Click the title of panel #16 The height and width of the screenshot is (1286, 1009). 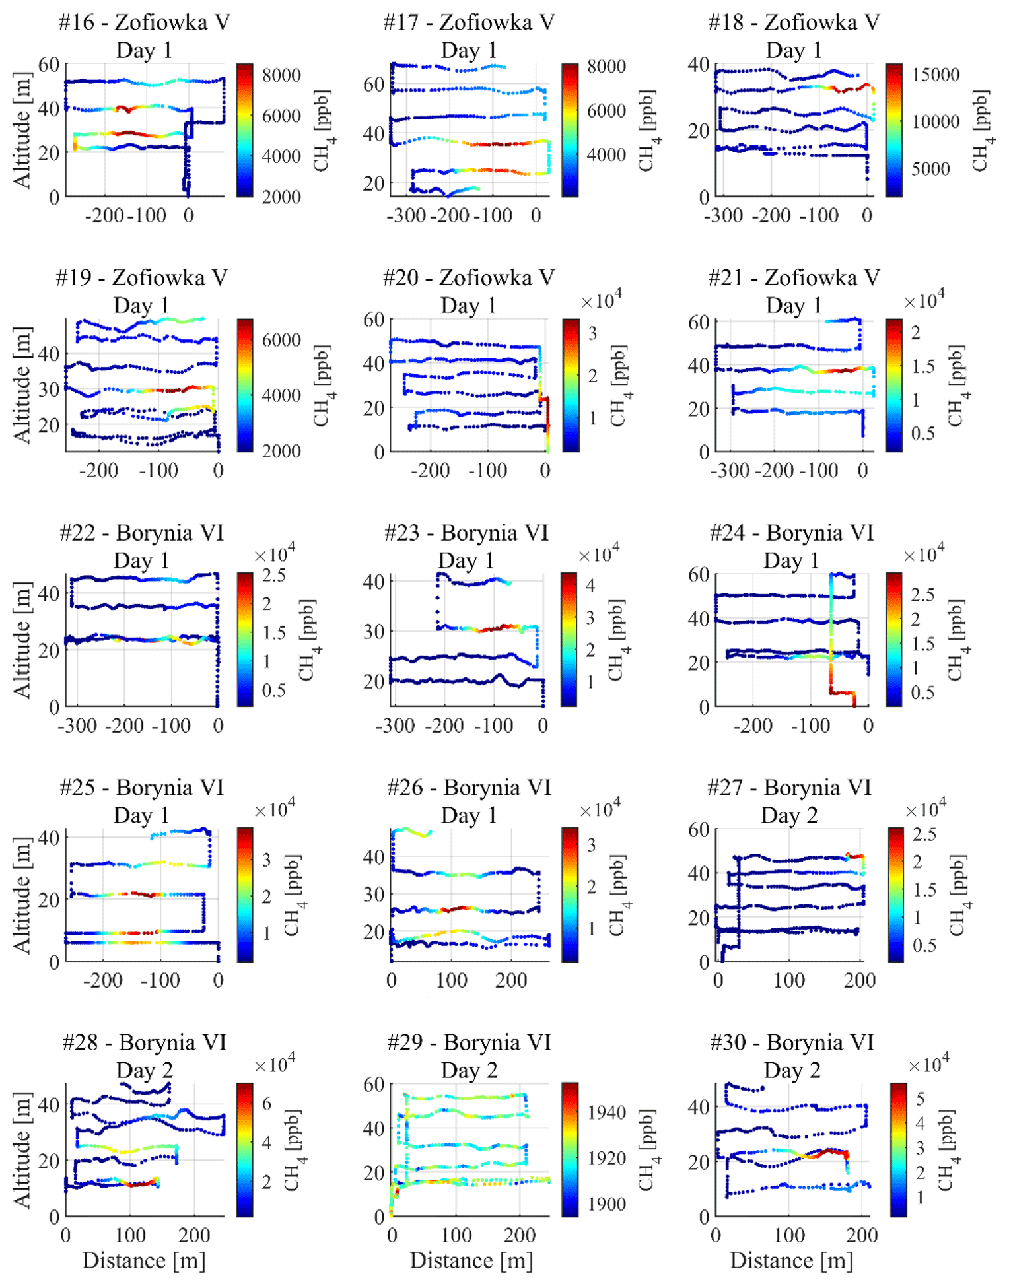coord(144,22)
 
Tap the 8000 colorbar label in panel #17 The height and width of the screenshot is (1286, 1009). coord(606,67)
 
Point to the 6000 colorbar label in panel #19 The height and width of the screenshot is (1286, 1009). coord(281,339)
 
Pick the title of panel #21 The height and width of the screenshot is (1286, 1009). coord(794,278)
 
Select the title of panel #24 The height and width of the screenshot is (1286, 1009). coord(791,533)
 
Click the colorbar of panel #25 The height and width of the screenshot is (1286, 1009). coord(245,894)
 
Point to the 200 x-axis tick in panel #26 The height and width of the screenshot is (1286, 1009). coord(511,980)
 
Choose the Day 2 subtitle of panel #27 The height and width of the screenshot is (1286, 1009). coord(789,815)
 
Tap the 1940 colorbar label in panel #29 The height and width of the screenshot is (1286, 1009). coord(606,1112)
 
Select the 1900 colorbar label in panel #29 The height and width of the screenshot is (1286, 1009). coord(606,1204)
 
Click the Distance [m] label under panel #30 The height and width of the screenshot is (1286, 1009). coord(791,1260)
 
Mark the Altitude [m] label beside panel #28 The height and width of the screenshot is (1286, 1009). coord(22,1150)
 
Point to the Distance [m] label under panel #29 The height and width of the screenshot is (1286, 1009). coord(471,1260)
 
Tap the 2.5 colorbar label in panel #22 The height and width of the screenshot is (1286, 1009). coord(273,575)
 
